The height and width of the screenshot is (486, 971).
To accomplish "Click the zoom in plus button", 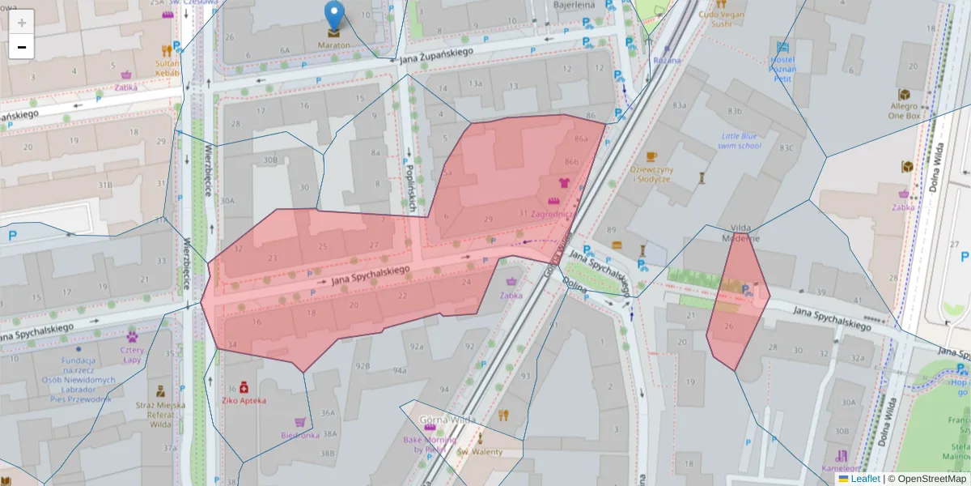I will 22,23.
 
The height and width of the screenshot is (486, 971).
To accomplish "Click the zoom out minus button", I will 22,47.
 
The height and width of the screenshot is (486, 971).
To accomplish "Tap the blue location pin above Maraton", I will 333,15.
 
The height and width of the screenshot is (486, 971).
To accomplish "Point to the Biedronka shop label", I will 300,434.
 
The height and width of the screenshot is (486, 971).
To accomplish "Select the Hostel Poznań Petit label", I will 781,69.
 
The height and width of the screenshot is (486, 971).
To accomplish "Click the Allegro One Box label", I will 904,111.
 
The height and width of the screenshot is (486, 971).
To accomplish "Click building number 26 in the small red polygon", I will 728,326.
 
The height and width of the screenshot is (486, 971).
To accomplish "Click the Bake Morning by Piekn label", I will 430,444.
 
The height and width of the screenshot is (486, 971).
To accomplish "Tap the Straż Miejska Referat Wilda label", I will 160,414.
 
